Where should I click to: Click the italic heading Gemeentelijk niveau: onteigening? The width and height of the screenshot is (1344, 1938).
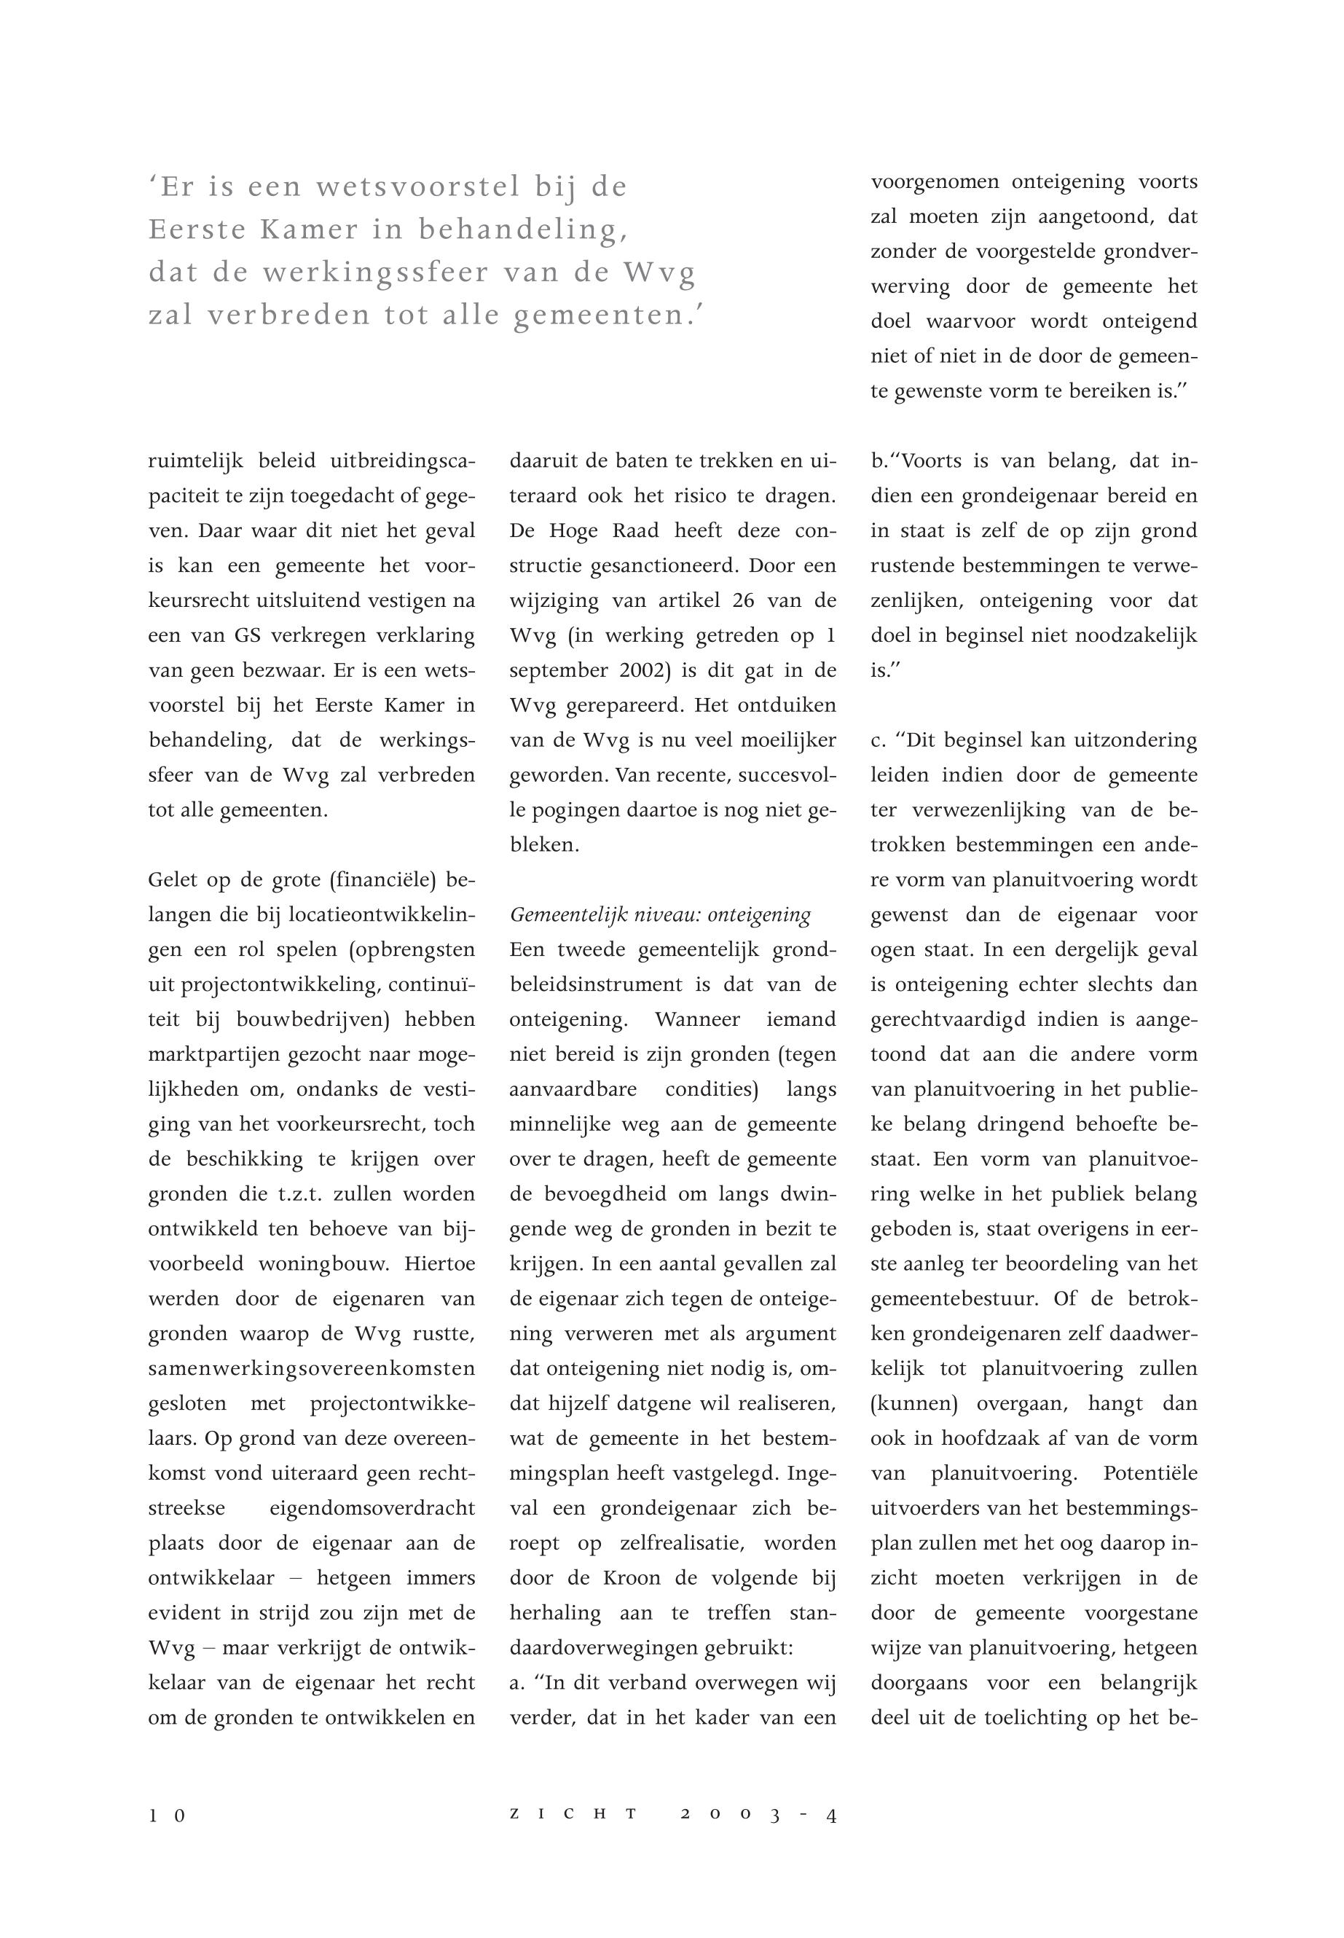[x=660, y=914]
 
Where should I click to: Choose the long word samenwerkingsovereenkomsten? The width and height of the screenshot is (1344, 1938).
[x=312, y=1369]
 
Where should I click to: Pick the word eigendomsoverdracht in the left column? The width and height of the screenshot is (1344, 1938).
[x=372, y=1508]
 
